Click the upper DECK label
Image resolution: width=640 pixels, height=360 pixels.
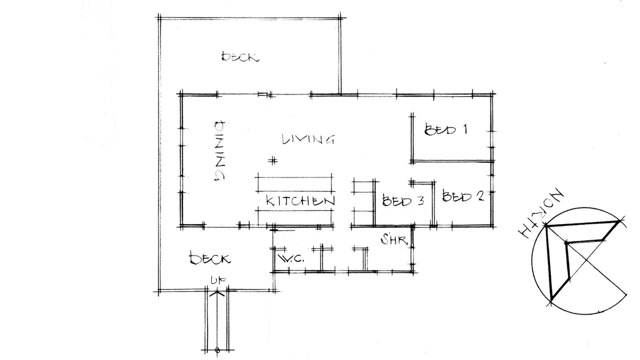coord(240,56)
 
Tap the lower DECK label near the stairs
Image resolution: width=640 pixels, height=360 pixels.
coord(210,259)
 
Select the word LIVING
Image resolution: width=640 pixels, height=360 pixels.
coord(308,139)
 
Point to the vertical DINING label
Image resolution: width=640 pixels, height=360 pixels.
coord(219,150)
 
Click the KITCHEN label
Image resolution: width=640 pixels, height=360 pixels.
coord(300,200)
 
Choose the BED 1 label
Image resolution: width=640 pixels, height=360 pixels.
coord(445,129)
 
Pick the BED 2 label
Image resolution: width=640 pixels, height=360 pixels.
coord(463,196)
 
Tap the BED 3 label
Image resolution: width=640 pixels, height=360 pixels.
coord(403,200)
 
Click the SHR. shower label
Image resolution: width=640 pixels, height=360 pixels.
coord(394,239)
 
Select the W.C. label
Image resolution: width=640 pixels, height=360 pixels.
coord(291,259)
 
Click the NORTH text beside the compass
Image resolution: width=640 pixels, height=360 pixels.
coord(541,213)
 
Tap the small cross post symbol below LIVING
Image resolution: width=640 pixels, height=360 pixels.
coord(273,161)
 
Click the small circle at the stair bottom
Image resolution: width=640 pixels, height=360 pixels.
coord(217,349)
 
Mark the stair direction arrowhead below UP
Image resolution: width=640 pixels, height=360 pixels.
coord(217,293)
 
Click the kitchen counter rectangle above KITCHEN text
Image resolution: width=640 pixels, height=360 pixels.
coord(295,184)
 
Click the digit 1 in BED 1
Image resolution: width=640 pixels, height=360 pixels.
coord(465,129)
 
